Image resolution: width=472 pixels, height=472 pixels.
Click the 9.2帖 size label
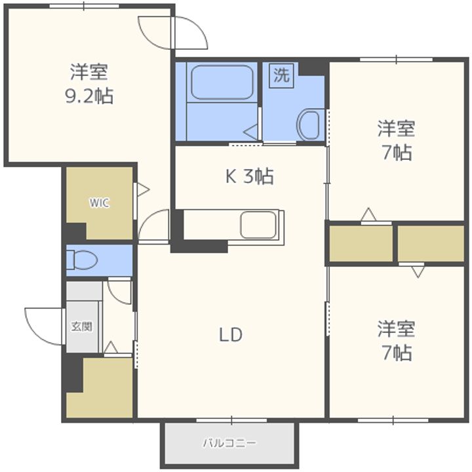[x=88, y=96]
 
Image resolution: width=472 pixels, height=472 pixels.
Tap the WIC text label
[x=100, y=203]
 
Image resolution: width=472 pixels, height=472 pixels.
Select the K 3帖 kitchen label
[x=250, y=176]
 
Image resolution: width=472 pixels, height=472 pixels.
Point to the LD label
[x=231, y=335]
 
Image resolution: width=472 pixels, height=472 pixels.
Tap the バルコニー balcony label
[x=229, y=443]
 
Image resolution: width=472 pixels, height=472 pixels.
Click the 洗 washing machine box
[x=281, y=75]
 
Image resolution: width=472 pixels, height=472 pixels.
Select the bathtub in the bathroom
[x=222, y=83]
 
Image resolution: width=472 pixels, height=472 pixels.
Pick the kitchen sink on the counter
[x=258, y=225]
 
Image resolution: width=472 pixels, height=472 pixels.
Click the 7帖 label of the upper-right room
[x=396, y=152]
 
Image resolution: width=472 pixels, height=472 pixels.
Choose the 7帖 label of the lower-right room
[x=396, y=353]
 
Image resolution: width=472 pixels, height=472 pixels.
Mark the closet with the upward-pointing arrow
[x=361, y=244]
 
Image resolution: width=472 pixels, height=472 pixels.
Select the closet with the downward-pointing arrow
[x=431, y=244]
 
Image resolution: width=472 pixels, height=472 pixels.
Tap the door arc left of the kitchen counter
[x=153, y=227]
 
